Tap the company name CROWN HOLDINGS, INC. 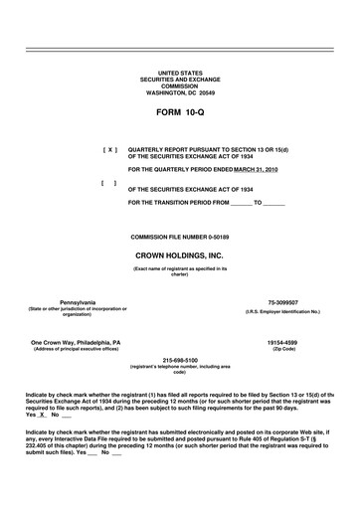[x=179, y=254]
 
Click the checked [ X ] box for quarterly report [x=109, y=149]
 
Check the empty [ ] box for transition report [x=109, y=184]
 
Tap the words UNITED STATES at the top [x=179, y=74]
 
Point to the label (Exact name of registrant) [x=179, y=268]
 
